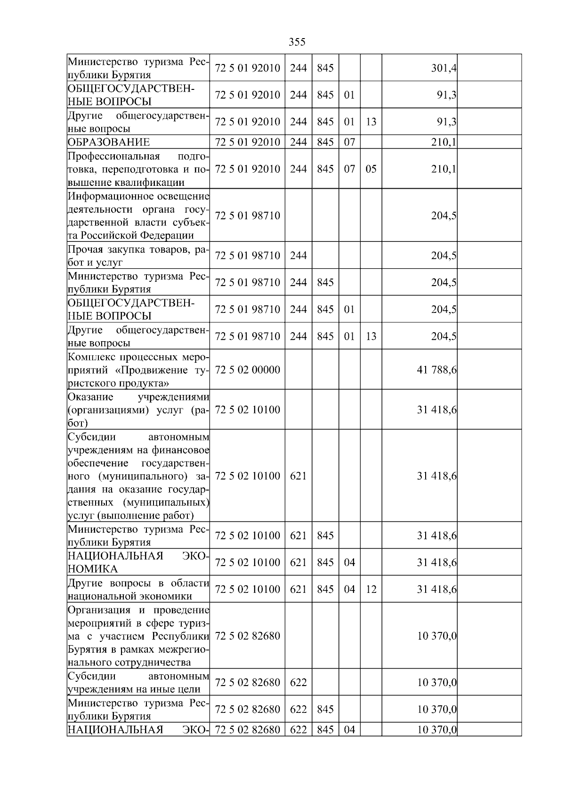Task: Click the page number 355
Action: tap(297, 42)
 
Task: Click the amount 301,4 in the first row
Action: tap(444, 68)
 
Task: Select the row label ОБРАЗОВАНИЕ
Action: tap(109, 142)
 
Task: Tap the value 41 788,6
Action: tap(436, 370)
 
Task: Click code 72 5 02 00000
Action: tap(247, 370)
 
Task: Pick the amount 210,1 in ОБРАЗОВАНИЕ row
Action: tap(444, 142)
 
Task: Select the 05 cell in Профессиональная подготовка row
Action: tap(371, 169)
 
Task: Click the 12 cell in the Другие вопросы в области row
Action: tap(371, 589)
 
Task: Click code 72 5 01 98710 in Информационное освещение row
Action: tap(247, 216)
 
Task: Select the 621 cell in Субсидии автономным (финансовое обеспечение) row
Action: tap(298, 476)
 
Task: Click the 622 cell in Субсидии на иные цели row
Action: tap(298, 682)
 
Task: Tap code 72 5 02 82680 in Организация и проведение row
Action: tap(247, 636)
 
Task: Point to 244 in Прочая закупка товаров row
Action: tap(298, 256)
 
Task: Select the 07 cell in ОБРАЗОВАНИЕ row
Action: tap(349, 142)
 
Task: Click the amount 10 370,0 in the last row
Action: tap(436, 730)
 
